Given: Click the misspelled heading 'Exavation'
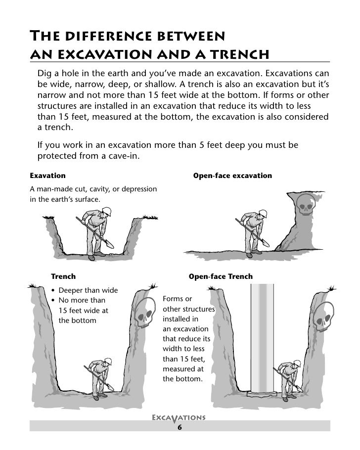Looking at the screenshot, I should pyautogui.click(x=47, y=176).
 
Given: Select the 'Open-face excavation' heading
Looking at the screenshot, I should pyautogui.click(x=232, y=176).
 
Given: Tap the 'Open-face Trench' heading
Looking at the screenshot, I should pyautogui.click(x=221, y=277).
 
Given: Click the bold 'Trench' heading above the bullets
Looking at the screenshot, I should pyautogui.click(x=63, y=277).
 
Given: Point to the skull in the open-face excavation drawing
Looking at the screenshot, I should pyautogui.click(x=306, y=203).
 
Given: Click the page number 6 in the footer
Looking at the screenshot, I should pyautogui.click(x=180, y=427).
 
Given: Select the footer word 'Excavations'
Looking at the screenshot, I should pyautogui.click(x=180, y=417).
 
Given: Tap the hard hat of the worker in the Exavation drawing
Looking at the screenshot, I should pyautogui.click(x=104, y=212).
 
